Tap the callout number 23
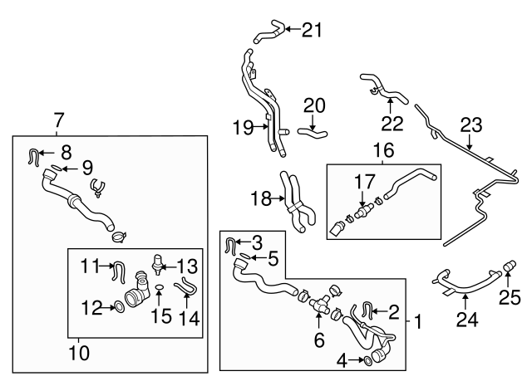pos(471,126)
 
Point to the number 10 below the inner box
pos(78,353)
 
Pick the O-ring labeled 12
pos(121,308)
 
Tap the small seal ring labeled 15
pos(157,291)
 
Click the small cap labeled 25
pos(510,268)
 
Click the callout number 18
pos(260,198)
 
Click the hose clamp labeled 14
pos(186,291)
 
